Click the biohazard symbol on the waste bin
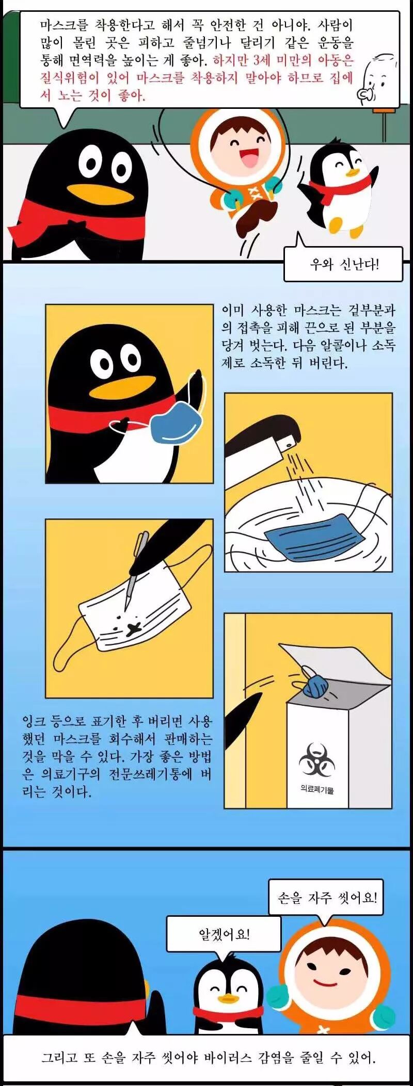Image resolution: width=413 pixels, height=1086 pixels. (x=316, y=759)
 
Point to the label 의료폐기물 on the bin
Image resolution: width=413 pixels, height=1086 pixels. (x=317, y=789)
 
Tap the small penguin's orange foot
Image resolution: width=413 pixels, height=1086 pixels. (x=336, y=223)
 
